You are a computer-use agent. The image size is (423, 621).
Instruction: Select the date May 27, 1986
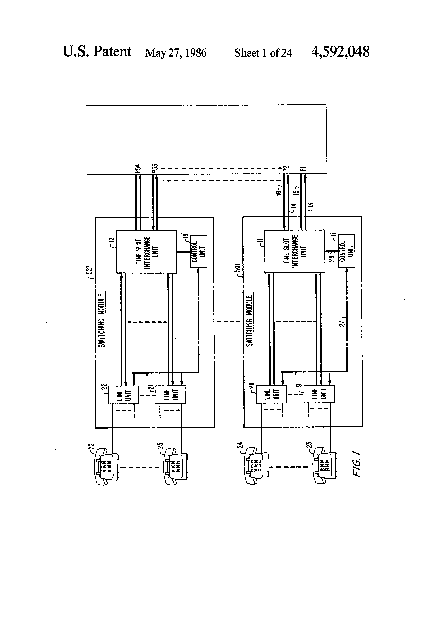pos(176,53)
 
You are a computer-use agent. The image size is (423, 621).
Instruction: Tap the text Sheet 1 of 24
pos(263,53)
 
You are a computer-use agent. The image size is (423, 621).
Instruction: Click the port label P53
pos(155,168)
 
